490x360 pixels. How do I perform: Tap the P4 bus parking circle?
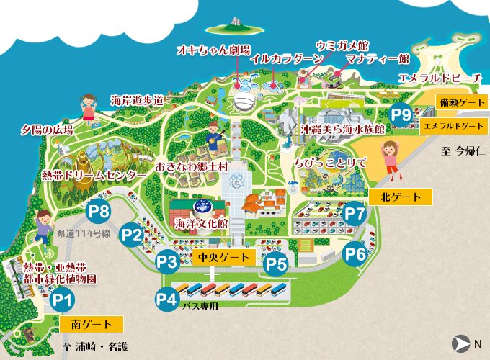click(166, 298)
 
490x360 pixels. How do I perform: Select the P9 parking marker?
click(401, 114)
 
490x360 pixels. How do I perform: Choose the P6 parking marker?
click(355, 253)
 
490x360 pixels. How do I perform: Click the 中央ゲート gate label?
click(224, 257)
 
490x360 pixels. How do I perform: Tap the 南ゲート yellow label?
click(92, 323)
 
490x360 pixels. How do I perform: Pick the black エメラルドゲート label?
click(453, 125)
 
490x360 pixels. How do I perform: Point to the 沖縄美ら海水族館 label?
click(342, 129)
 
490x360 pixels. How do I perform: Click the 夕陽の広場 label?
click(47, 130)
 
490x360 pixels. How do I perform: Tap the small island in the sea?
click(233, 26)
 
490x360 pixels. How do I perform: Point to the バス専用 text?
click(200, 305)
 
